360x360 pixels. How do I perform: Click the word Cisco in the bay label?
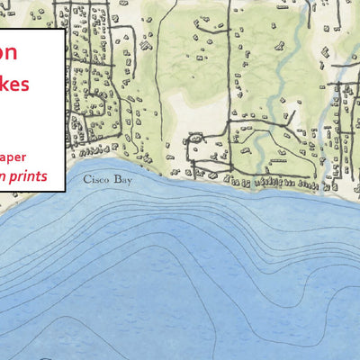(93, 179)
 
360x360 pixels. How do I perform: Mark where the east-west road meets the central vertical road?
(229, 167)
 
